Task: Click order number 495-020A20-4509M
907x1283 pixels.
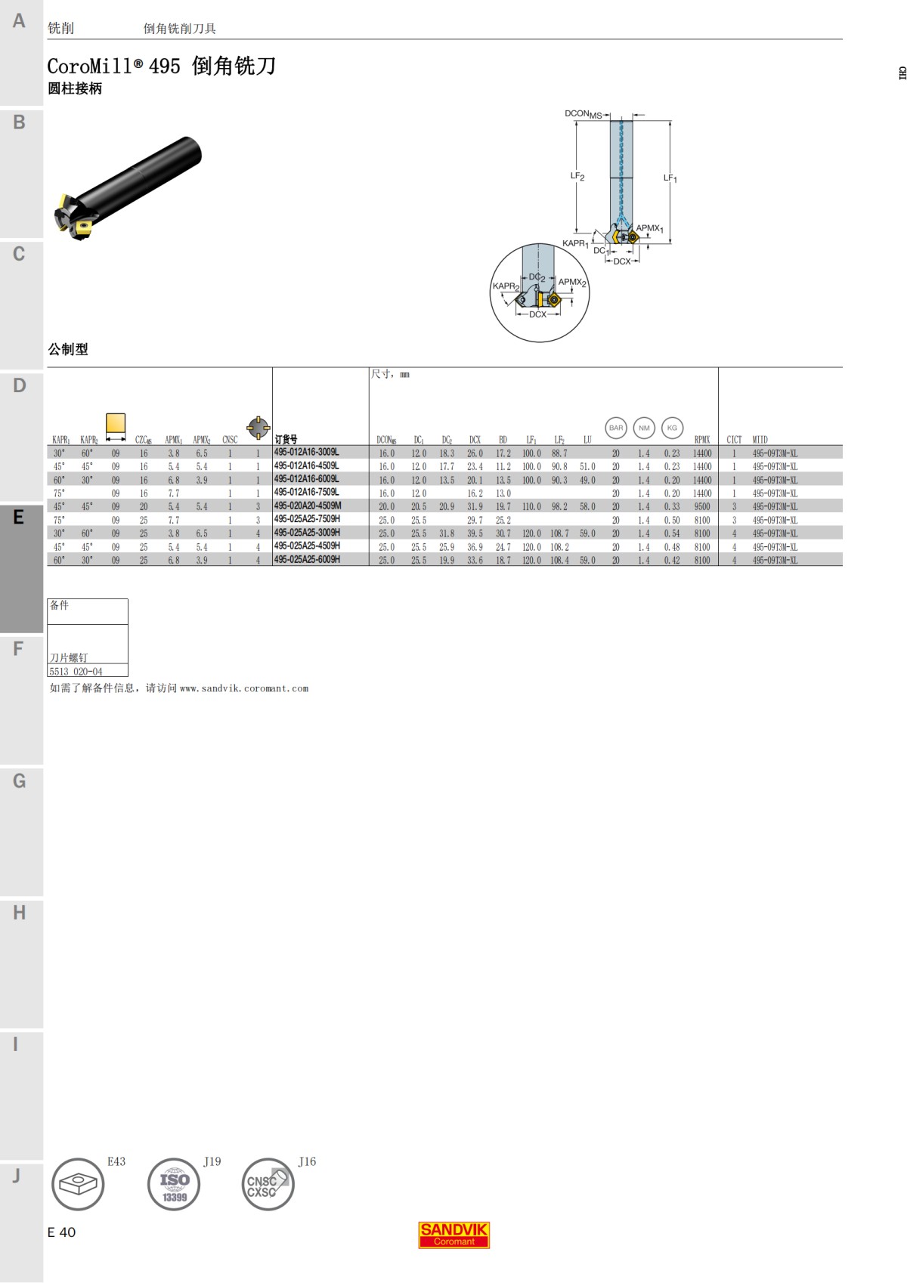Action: pos(308,506)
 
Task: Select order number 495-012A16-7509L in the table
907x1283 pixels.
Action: pos(306,493)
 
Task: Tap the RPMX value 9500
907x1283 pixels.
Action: pos(702,507)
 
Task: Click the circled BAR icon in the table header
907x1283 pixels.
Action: pos(616,428)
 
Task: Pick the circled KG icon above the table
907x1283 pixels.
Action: pos(672,428)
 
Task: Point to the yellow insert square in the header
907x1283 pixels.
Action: pos(116,423)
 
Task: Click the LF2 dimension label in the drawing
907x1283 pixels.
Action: pos(577,176)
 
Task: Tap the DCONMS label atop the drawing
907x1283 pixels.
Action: pos(584,114)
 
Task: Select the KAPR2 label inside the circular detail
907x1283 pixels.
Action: pos(506,286)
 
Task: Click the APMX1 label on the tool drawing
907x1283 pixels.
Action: pos(649,228)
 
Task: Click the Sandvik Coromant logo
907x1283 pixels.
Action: pos(454,1235)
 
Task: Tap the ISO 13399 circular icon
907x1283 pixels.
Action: pos(174,1184)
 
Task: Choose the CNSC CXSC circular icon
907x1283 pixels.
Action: pos(268,1184)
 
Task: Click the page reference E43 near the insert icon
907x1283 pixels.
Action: pos(116,1161)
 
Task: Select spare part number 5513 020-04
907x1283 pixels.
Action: pos(76,671)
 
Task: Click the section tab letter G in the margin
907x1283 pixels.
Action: pos(19,781)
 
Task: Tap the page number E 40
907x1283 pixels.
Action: pos(61,1232)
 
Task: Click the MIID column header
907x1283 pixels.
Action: pos(760,440)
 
